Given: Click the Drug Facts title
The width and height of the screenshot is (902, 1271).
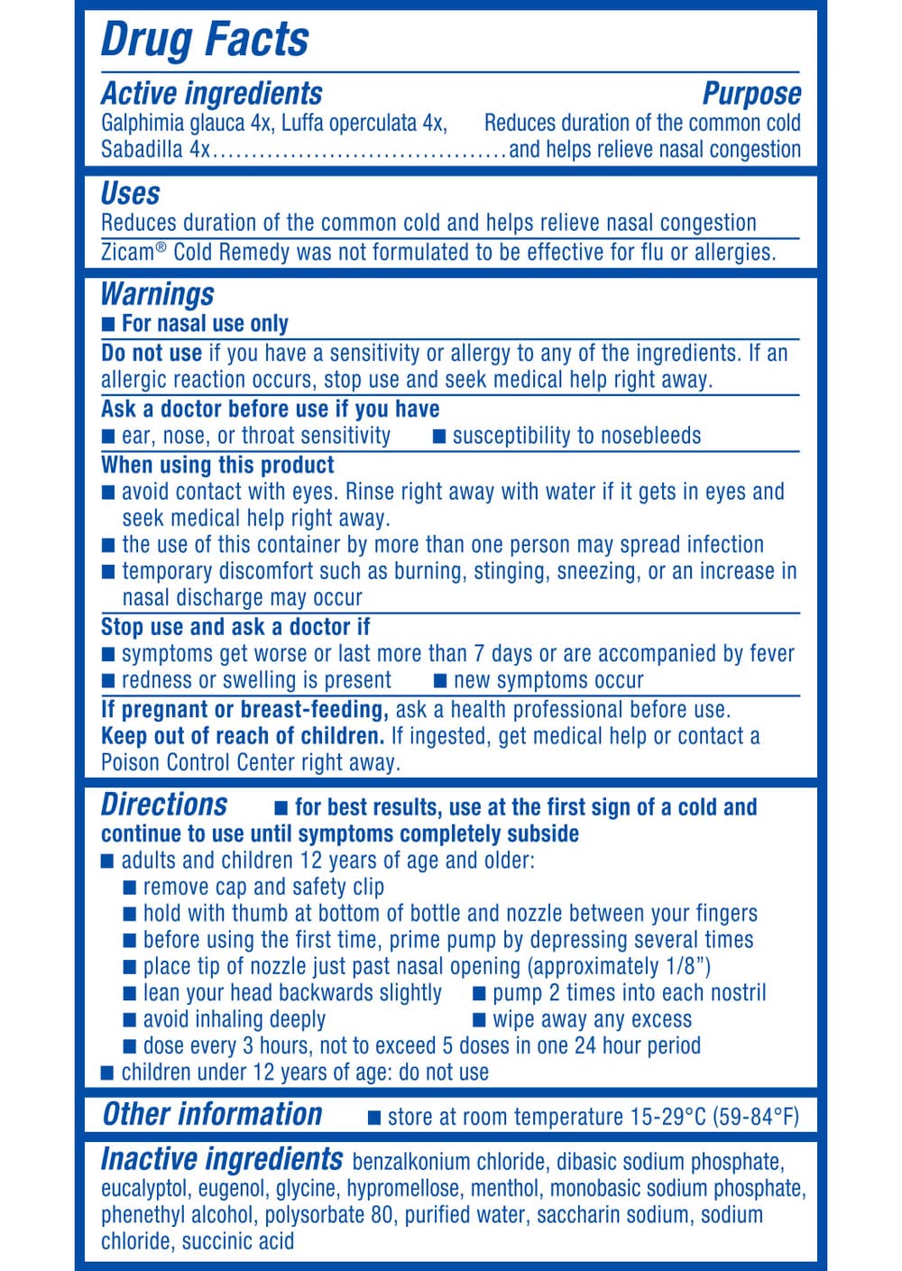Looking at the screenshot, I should [205, 40].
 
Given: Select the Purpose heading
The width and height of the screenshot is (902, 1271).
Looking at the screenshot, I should [751, 94].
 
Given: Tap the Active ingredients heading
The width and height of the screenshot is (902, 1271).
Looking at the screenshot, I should [212, 94].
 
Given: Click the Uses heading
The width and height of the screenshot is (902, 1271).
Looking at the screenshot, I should [131, 194].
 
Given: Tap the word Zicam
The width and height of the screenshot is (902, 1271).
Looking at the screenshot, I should [127, 253].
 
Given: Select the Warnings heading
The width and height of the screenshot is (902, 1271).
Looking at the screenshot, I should [158, 294].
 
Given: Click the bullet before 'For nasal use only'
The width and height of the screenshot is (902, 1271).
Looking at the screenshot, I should [108, 324].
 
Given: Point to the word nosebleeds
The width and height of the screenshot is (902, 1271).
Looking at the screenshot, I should [651, 437].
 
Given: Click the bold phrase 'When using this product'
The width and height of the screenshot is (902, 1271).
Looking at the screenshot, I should [217, 465].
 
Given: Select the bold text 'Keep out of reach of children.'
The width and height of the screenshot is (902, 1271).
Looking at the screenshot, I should [243, 736].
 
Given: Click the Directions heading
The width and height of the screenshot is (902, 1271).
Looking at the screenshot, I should [164, 805].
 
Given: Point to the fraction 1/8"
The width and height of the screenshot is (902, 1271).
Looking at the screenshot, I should [682, 967].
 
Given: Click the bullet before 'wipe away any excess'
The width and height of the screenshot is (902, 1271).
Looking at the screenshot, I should [481, 1020].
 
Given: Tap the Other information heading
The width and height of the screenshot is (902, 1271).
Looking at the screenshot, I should [213, 1115].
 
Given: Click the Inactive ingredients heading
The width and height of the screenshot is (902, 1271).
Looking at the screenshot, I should [222, 1159].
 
